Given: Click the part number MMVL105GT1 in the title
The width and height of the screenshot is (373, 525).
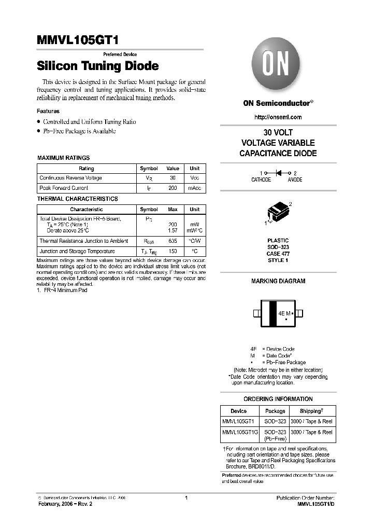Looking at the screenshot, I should (x=80, y=41).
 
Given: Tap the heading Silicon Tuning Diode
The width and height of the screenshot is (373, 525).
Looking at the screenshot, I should (x=97, y=66).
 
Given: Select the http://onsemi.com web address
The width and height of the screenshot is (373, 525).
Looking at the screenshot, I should (x=278, y=117).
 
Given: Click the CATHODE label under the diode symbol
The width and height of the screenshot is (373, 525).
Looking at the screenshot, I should (x=261, y=179).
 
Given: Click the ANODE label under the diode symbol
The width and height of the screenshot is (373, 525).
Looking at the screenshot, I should (x=295, y=179).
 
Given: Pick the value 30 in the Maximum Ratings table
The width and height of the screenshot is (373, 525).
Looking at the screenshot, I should (x=173, y=178).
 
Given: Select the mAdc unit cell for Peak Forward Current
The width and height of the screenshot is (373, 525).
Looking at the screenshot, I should (x=194, y=188).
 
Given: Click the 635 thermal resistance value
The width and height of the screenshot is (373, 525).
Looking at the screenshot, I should (x=173, y=241).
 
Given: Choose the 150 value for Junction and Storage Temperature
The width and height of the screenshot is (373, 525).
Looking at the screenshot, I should (x=173, y=251).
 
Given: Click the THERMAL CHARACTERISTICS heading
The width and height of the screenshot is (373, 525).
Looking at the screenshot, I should (x=78, y=199).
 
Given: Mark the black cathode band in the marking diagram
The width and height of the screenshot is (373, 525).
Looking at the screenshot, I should (x=271, y=313).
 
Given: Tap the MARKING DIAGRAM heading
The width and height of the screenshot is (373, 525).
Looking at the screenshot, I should (x=278, y=281).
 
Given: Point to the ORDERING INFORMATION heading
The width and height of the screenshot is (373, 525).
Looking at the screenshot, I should (x=278, y=399).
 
